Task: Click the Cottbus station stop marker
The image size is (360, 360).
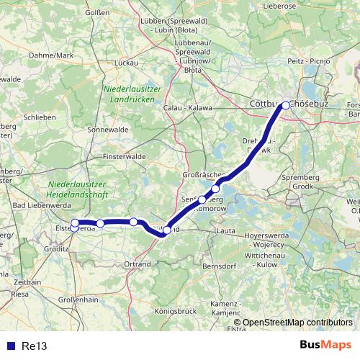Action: click(x=286, y=105)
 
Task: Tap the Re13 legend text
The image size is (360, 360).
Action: click(x=34, y=346)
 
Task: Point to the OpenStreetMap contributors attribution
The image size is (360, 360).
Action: click(x=297, y=323)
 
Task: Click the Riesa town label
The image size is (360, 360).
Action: click(x=20, y=294)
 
